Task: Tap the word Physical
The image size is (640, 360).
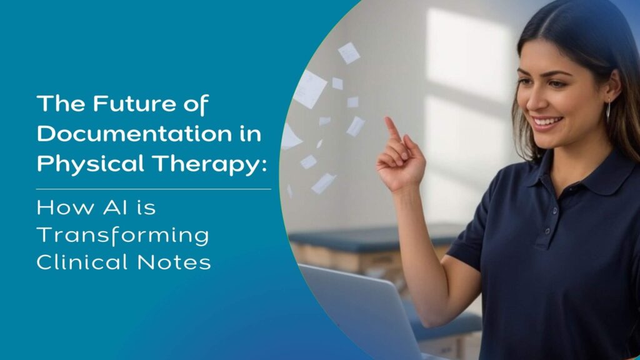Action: [91, 165]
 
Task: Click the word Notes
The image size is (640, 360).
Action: [174, 262]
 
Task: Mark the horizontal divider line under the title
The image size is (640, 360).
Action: [154, 189]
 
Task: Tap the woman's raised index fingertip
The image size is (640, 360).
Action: [387, 120]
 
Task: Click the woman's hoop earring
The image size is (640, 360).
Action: [608, 111]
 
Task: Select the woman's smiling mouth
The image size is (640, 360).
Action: [546, 122]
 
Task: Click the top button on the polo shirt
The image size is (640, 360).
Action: [555, 211]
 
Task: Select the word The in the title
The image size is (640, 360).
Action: [61, 104]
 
